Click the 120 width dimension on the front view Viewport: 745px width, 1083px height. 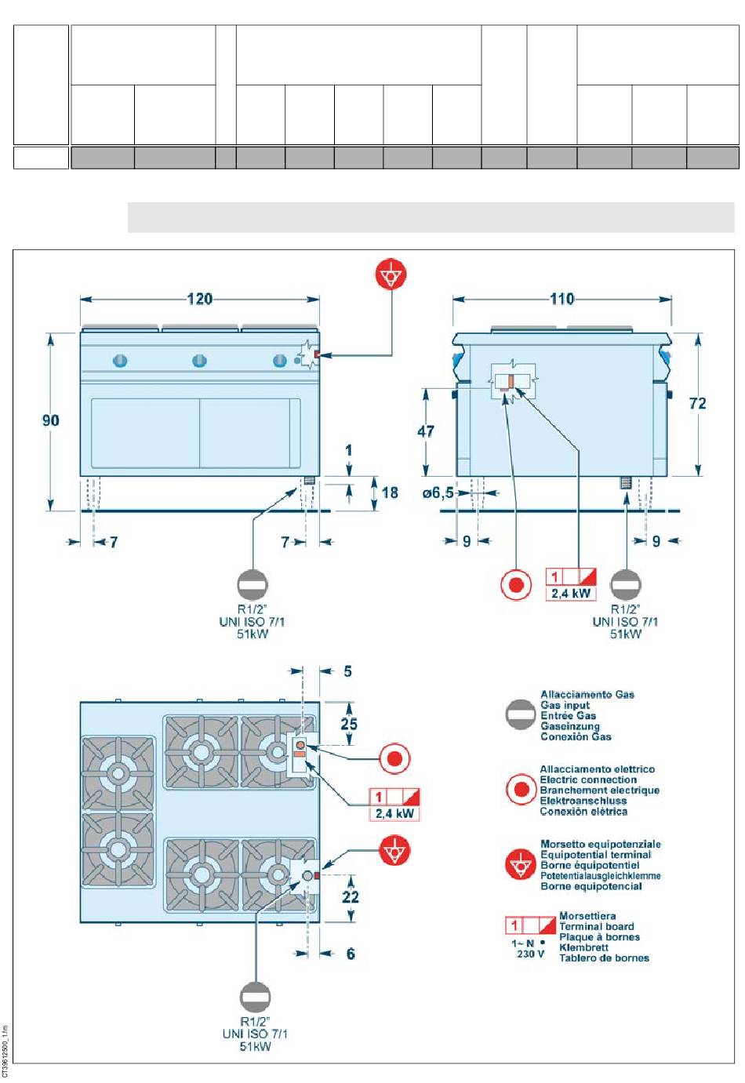[x=199, y=299]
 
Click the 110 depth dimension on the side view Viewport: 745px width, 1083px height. [x=561, y=299]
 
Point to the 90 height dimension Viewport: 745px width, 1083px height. [x=50, y=420]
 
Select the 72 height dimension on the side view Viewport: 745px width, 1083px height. [x=697, y=403]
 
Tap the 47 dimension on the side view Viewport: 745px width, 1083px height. [x=426, y=431]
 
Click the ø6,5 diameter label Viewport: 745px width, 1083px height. [x=438, y=493]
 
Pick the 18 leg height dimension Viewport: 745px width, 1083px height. [x=390, y=492]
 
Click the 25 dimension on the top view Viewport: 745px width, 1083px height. [x=349, y=724]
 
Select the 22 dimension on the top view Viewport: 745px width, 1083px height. [x=351, y=896]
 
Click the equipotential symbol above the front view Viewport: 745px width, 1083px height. [x=391, y=275]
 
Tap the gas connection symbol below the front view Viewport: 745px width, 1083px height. [x=253, y=584]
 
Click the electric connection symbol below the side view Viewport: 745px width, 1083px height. [x=516, y=584]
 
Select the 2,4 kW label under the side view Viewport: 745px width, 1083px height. [x=571, y=594]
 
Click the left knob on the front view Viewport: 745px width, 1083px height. [x=120, y=361]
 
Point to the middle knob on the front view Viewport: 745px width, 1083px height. [x=200, y=361]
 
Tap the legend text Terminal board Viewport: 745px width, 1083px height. [x=596, y=926]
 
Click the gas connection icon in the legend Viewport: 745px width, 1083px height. [x=521, y=714]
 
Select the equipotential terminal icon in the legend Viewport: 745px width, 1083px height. [x=520, y=865]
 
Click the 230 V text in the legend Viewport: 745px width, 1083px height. [x=530, y=954]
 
